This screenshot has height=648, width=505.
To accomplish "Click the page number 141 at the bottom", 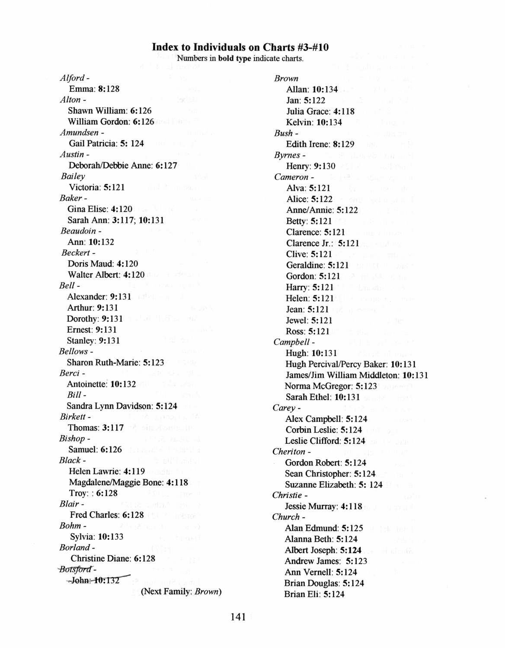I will pos(238,617).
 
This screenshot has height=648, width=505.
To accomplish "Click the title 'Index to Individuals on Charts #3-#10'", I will pos(240,47).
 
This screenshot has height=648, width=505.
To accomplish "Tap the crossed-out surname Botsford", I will pos(76,569).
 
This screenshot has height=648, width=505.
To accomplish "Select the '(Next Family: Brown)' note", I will pos(181,591).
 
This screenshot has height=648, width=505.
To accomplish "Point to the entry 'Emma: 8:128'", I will pos(94,89).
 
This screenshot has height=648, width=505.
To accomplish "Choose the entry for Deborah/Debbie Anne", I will pos(123,165).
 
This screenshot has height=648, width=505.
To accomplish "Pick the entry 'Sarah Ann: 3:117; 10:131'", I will pos(115,220).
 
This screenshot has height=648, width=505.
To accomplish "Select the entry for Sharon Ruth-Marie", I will pos(115,362).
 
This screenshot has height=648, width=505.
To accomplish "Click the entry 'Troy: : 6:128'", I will pos(93,493).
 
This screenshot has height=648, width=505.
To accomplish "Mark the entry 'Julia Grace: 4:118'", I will pos(320,111).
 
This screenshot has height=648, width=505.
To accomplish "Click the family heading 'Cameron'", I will pos(291,176).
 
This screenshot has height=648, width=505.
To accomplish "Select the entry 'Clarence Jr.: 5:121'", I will pos(322,243).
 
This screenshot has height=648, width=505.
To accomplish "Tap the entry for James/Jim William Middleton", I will pos(357,375).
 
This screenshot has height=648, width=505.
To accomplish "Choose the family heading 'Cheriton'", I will pos(289,452).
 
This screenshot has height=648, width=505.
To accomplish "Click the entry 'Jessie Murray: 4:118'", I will pos(323,506).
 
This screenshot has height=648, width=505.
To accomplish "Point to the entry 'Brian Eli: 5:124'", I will pos(314,594).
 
